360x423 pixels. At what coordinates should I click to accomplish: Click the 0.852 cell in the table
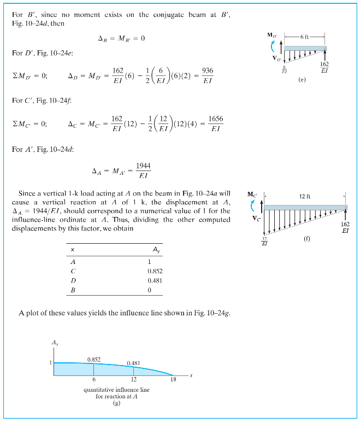point(155,271)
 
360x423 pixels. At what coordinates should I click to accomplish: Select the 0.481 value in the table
point(155,280)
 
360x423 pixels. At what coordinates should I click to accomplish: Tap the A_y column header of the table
point(155,249)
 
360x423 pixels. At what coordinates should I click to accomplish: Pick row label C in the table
point(73,271)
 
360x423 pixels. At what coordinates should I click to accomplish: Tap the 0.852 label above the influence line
point(95,359)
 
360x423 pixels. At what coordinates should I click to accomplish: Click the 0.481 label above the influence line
point(134,363)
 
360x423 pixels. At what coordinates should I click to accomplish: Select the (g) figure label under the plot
point(116,403)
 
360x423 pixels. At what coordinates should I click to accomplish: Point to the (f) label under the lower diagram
point(307,239)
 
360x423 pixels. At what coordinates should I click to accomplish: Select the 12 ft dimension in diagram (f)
point(305,196)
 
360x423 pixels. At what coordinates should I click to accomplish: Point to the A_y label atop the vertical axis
point(55,343)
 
